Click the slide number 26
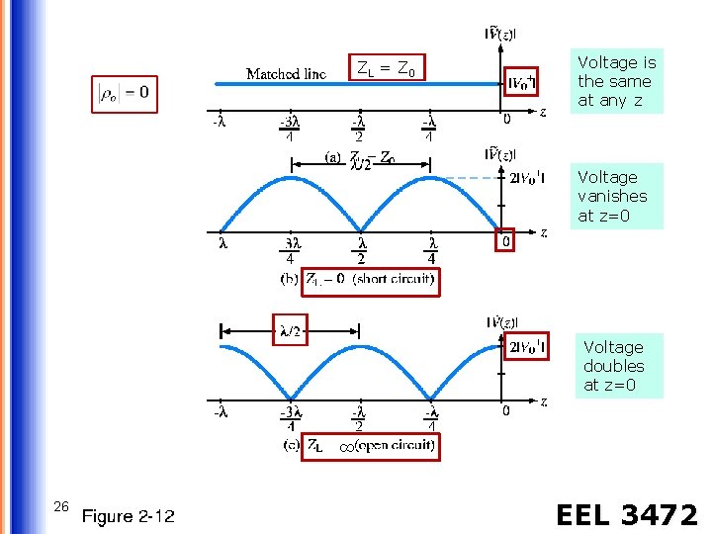[x=60, y=506]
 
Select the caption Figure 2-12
[x=128, y=515]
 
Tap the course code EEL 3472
[x=626, y=514]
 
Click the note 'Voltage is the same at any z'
[x=616, y=81]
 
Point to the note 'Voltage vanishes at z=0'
[x=608, y=196]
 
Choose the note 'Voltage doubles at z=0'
[x=613, y=366]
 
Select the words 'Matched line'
[x=286, y=74]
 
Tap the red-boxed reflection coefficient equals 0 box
[x=125, y=94]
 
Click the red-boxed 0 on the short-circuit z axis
[x=504, y=239]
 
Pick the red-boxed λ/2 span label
[x=289, y=329]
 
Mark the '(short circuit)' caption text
[x=394, y=280]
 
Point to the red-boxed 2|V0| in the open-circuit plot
[x=527, y=346]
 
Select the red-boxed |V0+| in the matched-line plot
[x=522, y=82]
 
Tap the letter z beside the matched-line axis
[x=541, y=112]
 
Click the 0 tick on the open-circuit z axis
[x=505, y=409]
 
